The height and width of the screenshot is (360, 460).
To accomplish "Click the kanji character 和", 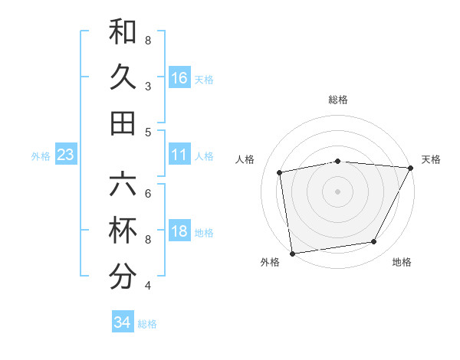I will pos(123,32).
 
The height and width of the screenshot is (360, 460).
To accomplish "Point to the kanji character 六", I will pos(123,186).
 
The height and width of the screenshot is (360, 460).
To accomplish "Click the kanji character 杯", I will pos(123,231).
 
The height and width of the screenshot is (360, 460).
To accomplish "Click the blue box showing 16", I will pos(179,78).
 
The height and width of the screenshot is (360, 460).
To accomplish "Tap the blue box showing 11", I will pos(179,155).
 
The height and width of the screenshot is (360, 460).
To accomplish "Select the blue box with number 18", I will pos(179,232).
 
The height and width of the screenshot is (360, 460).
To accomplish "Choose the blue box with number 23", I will pos(66,155).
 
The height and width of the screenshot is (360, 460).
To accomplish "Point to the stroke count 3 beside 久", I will pos(148,86).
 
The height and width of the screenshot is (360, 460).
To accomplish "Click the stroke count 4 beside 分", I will pos(148,285).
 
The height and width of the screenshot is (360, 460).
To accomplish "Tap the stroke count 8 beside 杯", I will pos(148,240).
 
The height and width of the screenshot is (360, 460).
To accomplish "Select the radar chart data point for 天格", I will pos(411,168).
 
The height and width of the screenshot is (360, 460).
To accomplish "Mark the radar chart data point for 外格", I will pos(291,253).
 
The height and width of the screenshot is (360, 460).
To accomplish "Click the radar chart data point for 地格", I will pos(374,242).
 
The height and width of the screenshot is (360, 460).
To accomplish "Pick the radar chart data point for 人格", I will pos(280,172).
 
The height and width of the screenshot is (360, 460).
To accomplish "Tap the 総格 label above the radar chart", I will pos(338,100).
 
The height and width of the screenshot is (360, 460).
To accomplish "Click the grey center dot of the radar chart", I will pos(337,191).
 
